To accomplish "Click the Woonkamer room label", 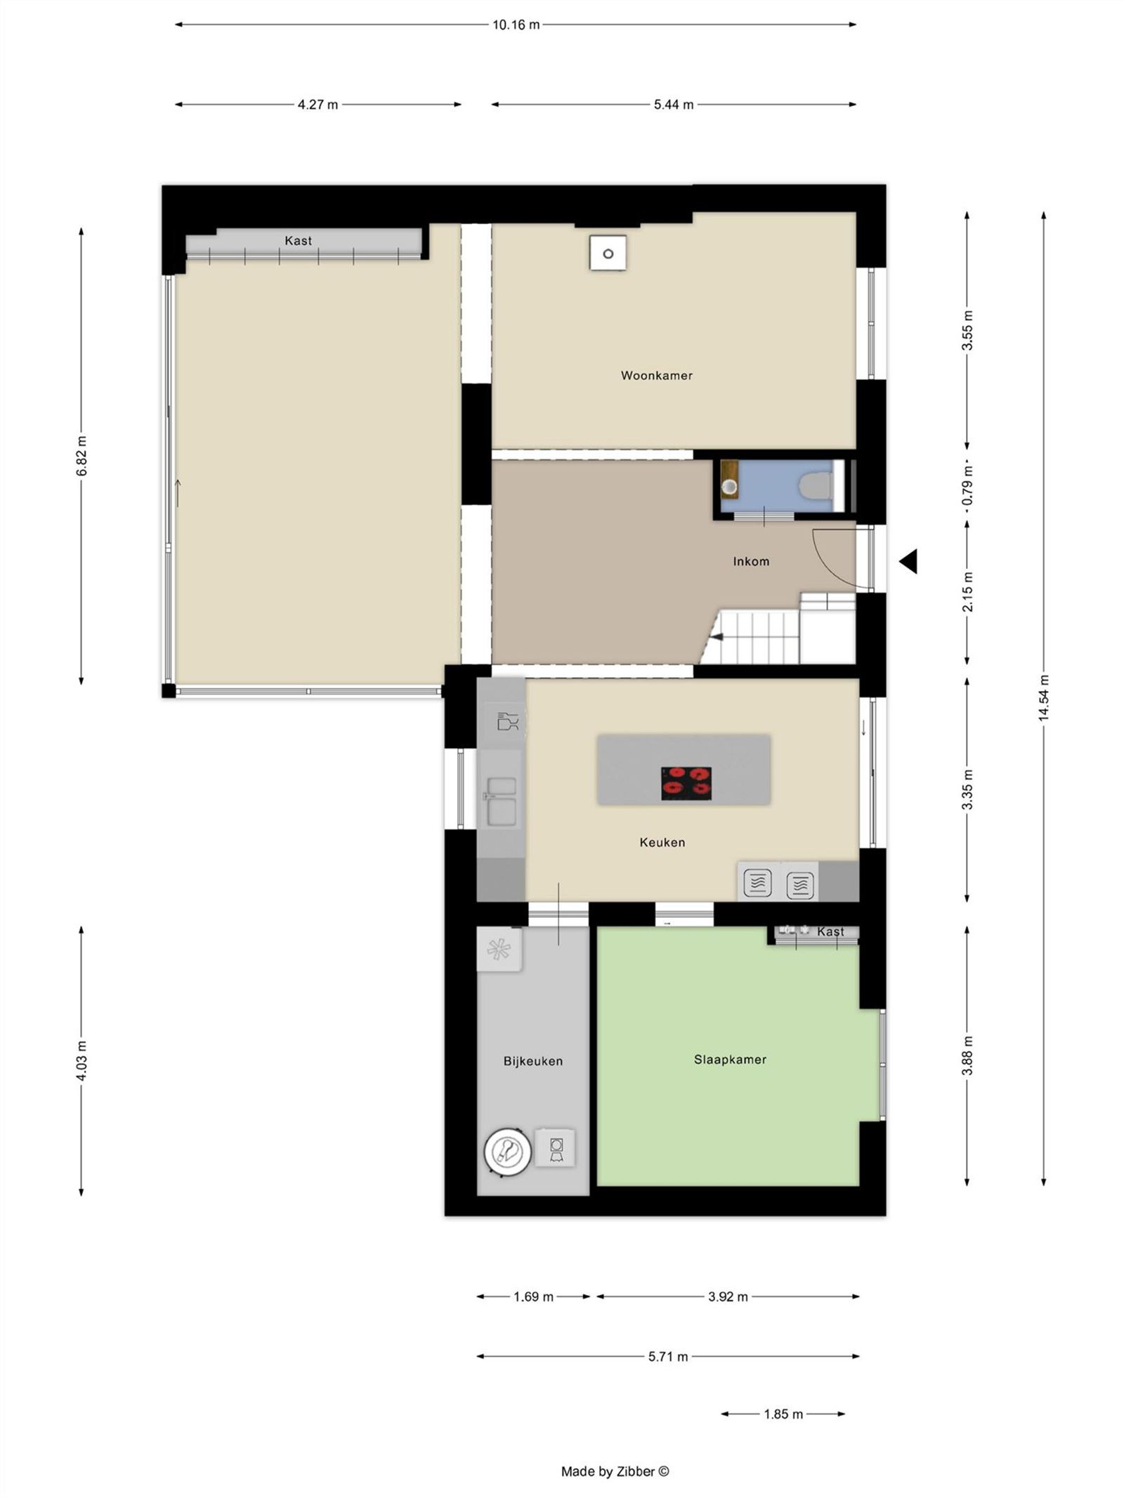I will pyautogui.click(x=656, y=376).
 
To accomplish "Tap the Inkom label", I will pyautogui.click(x=750, y=561).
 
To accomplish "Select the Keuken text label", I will pyautogui.click(x=662, y=842).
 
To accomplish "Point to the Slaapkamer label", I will pyautogui.click(x=730, y=1060).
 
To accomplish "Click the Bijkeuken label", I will pyautogui.click(x=532, y=1061).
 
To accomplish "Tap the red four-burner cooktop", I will pyautogui.click(x=686, y=783).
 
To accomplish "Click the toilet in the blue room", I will pyautogui.click(x=817, y=485).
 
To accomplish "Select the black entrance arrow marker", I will pyautogui.click(x=908, y=561).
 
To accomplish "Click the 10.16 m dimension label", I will pyautogui.click(x=516, y=25).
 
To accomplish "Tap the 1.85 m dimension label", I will pyautogui.click(x=783, y=1414).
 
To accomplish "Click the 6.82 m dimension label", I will pyautogui.click(x=81, y=456).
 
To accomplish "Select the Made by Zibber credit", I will pyautogui.click(x=615, y=1471).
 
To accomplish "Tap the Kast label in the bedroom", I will pyautogui.click(x=830, y=932).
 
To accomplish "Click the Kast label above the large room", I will pyautogui.click(x=298, y=241).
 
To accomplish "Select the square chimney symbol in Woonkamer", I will pyautogui.click(x=608, y=254).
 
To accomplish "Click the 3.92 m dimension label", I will pyautogui.click(x=727, y=1296).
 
